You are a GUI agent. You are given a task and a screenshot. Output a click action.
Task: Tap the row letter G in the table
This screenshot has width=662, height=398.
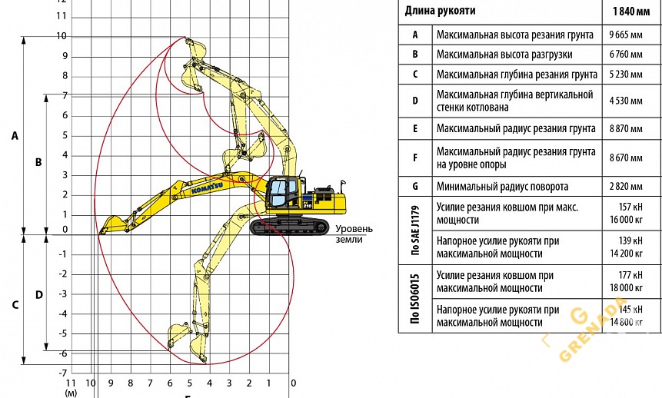point(415,186)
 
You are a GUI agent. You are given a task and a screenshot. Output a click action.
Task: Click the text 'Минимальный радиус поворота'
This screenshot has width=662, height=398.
point(502,186)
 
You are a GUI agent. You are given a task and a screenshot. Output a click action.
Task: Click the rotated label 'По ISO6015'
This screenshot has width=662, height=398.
point(415,299)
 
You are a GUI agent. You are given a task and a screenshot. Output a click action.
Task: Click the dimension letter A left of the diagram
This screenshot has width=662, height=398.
point(14,135)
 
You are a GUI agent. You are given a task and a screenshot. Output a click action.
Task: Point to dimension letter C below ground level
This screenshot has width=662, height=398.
point(14,304)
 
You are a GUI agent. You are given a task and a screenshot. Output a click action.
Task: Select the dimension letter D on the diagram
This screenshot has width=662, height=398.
point(38,294)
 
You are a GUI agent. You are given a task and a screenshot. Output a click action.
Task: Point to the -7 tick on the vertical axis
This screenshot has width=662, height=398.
point(62,373)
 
